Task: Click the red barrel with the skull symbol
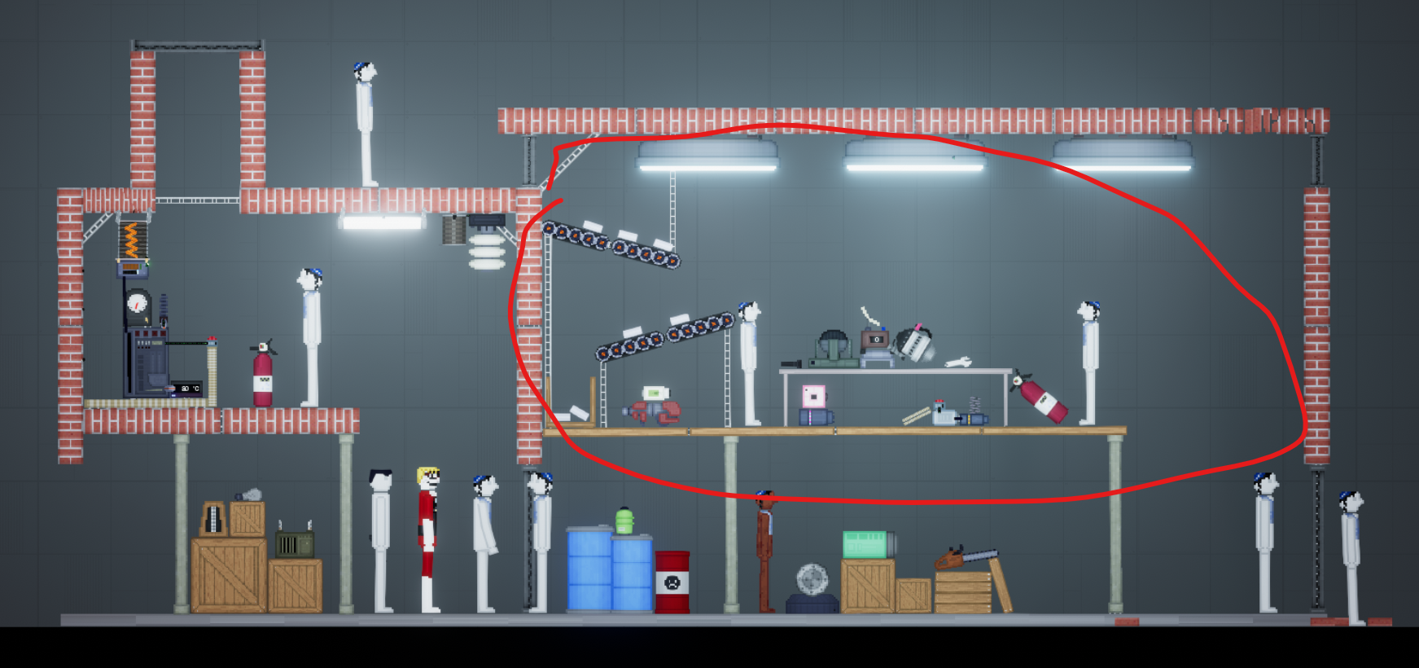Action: pos(672,581)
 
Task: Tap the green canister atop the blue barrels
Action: pos(624,521)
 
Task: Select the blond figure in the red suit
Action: pos(428,538)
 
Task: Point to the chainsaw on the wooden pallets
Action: pos(964,558)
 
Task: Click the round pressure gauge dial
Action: pos(138,304)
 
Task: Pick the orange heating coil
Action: pos(133,240)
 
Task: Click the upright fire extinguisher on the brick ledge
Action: pos(262,376)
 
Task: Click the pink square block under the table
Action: pos(813,397)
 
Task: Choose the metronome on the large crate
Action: pos(213,519)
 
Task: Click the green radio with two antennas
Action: pos(294,543)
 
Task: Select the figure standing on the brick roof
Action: pos(365,122)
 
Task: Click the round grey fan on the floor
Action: pos(812,580)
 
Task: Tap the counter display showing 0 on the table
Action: pos(875,339)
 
